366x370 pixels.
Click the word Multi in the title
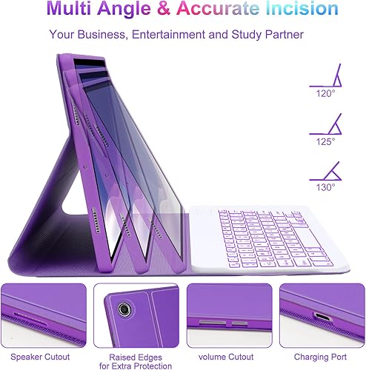[69, 8]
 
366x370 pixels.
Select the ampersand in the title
[164, 8]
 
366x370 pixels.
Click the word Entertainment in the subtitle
[168, 34]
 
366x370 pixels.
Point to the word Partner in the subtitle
[285, 34]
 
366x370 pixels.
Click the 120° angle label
[325, 93]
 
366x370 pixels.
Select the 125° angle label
[325, 142]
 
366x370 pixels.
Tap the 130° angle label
[325, 187]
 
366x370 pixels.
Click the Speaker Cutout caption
[40, 357]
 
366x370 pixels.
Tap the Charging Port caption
[320, 357]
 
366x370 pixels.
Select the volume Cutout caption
[226, 357]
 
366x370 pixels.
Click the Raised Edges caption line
[136, 357]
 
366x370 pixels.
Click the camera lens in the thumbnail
[124, 309]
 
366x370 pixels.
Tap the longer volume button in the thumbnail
[213, 323]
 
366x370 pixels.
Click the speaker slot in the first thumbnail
[30, 319]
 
